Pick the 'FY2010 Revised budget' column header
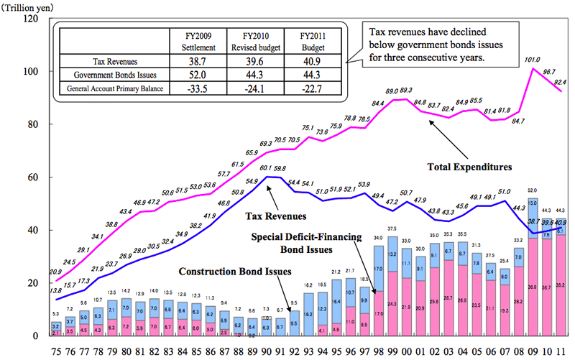point(254,41)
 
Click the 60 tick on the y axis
point(33,177)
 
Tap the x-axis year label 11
point(560,351)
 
